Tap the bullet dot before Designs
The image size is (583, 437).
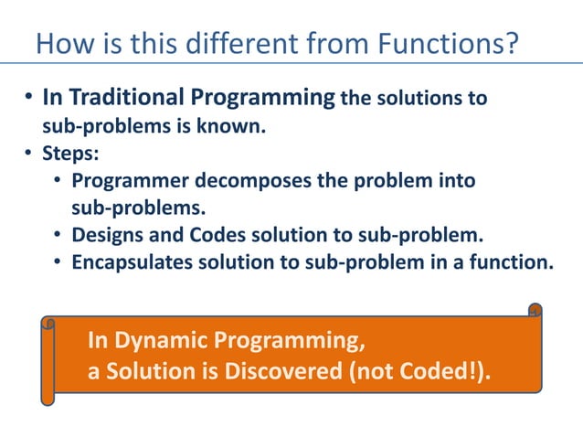pos(57,236)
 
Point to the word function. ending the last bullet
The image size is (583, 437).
pos(514,263)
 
